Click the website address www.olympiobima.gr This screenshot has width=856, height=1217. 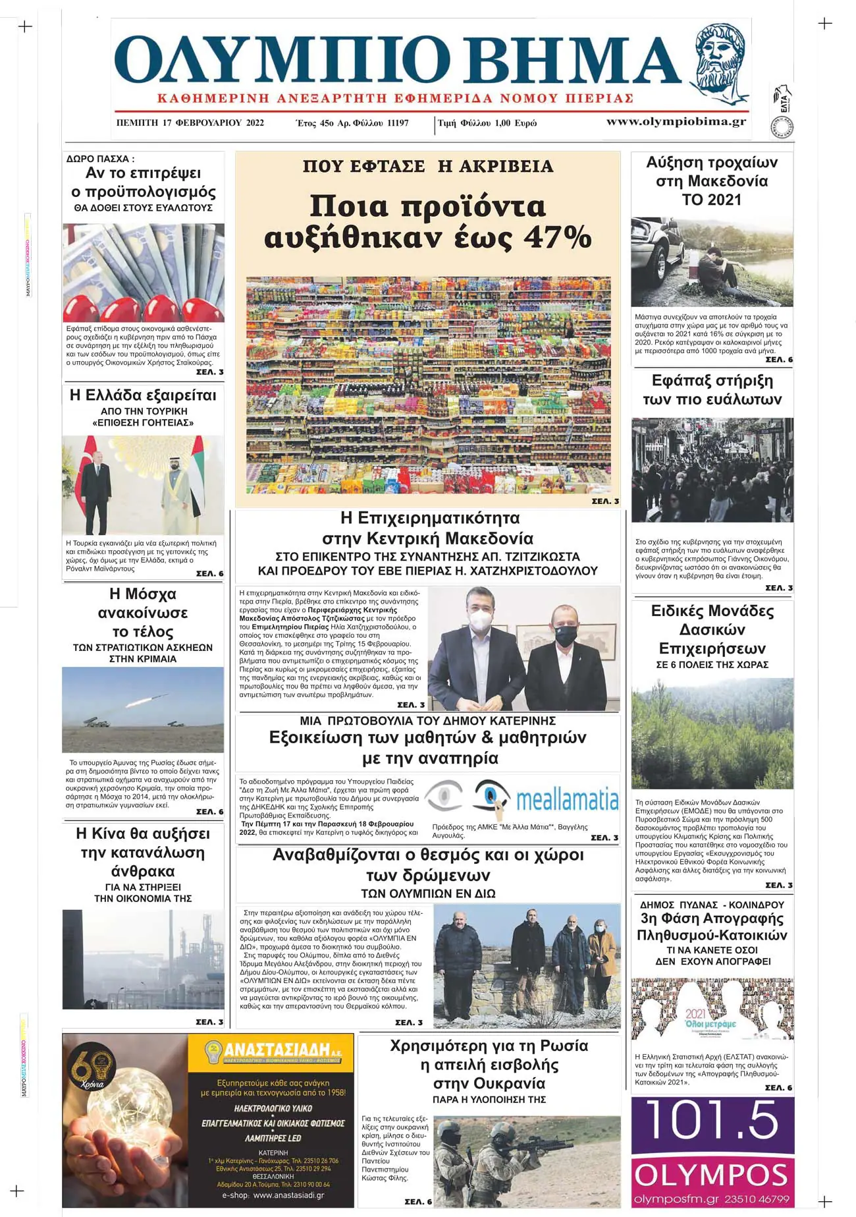[676, 121]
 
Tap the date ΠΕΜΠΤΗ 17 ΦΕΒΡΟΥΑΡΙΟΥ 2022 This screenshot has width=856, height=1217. [190, 123]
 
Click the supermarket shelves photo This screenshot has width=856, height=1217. [428, 385]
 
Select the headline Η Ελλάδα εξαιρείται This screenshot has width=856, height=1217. [143, 395]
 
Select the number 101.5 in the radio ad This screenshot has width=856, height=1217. [712, 1120]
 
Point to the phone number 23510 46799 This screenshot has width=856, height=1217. [757, 1199]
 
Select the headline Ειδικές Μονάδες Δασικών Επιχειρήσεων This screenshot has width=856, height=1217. [712, 629]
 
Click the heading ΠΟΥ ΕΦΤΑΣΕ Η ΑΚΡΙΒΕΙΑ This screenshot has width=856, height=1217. [428, 167]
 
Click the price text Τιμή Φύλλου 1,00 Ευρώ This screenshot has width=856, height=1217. [487, 123]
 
